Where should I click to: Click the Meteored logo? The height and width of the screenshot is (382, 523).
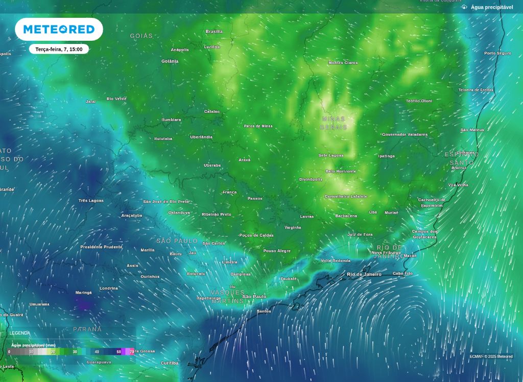pyautogui.click(x=59, y=30)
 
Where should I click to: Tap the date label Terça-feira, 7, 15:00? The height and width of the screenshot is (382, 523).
pyautogui.click(x=59, y=50)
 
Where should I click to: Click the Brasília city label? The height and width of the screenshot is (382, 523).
pyautogui.click(x=214, y=32)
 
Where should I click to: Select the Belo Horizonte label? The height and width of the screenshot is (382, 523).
pyautogui.click(x=341, y=171)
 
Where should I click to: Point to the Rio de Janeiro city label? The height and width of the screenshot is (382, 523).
pyautogui.click(x=364, y=274)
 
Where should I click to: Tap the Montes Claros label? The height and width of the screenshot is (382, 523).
pyautogui.click(x=343, y=63)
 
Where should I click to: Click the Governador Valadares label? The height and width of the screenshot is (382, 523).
pyautogui.click(x=405, y=134)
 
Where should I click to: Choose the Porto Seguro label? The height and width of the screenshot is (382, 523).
pyautogui.click(x=497, y=53)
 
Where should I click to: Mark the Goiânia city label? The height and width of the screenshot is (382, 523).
pyautogui.click(x=170, y=61)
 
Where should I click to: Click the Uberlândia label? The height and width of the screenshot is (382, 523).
pyautogui.click(x=201, y=137)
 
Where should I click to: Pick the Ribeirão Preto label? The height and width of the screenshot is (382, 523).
pyautogui.click(x=217, y=214)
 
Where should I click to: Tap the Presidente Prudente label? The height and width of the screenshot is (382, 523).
pyautogui.click(x=101, y=247)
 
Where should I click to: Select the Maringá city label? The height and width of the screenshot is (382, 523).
pyautogui.click(x=84, y=293)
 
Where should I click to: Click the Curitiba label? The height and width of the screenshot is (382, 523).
pyautogui.click(x=170, y=363)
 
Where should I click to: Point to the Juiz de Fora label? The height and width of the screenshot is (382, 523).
pyautogui.click(x=360, y=234)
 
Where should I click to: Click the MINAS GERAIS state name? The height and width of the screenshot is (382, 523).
pyautogui.click(x=334, y=123)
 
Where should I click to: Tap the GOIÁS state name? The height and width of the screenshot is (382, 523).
pyautogui.click(x=141, y=36)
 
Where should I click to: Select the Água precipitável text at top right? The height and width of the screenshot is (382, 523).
pyautogui.click(x=491, y=7)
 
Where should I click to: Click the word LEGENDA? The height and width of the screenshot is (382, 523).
pyautogui.click(x=20, y=333)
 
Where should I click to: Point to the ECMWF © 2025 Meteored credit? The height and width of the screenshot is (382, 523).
pyautogui.click(x=491, y=356)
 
